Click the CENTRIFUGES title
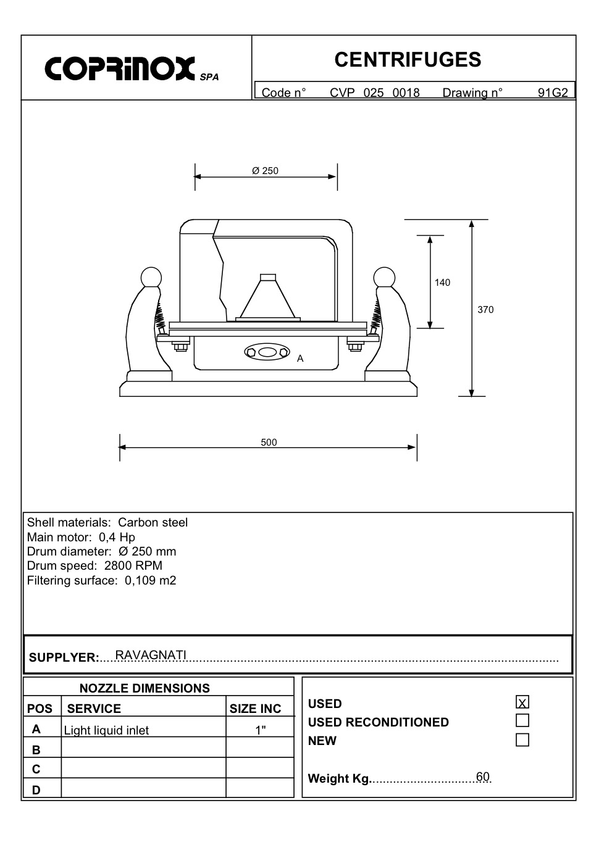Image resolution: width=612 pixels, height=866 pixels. click(408, 60)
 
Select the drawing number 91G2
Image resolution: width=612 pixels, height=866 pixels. click(552, 93)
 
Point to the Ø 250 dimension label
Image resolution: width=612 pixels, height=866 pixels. click(266, 171)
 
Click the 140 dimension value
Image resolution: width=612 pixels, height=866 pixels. click(442, 283)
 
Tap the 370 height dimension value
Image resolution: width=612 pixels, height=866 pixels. click(485, 310)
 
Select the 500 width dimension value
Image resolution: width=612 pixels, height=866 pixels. click(269, 443)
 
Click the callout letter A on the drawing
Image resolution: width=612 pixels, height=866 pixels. click(300, 359)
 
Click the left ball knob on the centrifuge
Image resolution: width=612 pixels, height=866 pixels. click(151, 277)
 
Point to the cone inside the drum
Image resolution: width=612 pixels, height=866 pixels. click(267, 299)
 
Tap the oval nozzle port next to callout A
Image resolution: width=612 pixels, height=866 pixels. click(267, 352)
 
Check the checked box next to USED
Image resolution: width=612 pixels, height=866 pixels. click(522, 702)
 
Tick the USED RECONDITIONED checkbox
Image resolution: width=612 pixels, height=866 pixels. click(522, 720)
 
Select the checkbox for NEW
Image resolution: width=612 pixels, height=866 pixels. click(522, 739)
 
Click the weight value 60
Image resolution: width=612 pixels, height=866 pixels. click(482, 776)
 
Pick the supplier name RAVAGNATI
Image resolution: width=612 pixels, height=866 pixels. click(151, 655)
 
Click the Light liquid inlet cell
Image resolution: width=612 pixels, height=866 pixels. click(106, 731)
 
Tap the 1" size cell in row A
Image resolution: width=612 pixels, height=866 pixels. click(260, 730)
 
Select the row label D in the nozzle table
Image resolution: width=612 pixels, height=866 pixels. click(36, 789)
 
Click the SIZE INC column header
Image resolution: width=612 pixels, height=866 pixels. click(255, 709)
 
